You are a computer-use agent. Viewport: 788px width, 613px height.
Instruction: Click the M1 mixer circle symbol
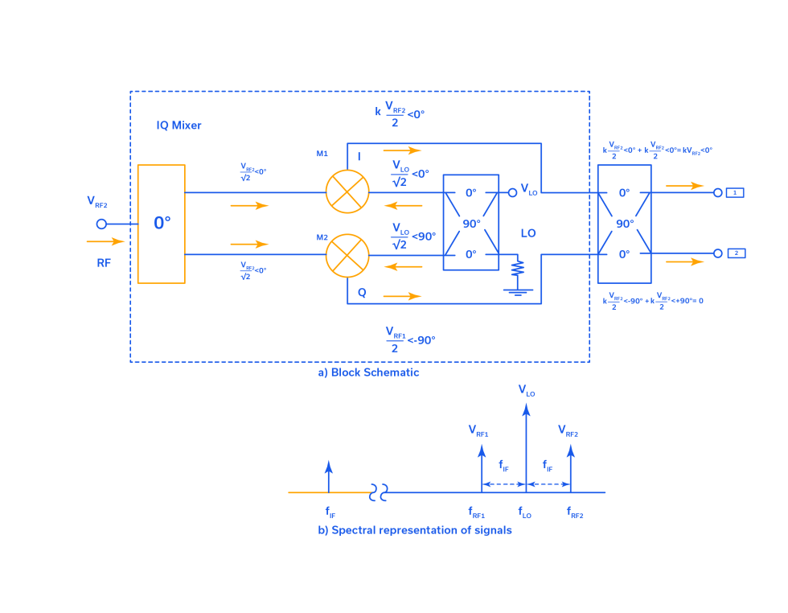click(x=347, y=192)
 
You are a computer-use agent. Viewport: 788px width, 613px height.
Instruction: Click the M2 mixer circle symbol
click(x=347, y=255)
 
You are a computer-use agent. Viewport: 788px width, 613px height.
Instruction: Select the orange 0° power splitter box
click(x=161, y=224)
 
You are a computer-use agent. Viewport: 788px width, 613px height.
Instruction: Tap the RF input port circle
click(x=101, y=224)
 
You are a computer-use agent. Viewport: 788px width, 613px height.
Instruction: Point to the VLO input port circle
click(x=512, y=192)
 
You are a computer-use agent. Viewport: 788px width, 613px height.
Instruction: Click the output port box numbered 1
click(x=735, y=192)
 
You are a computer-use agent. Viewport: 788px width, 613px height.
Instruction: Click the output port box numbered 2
click(x=736, y=253)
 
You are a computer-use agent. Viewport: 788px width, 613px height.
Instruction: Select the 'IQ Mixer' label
click(x=179, y=125)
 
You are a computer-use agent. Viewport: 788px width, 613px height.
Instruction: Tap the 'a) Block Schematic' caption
click(x=368, y=372)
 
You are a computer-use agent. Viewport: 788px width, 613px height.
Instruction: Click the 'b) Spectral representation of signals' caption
click(x=415, y=530)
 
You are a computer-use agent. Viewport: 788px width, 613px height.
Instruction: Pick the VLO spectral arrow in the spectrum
click(x=526, y=446)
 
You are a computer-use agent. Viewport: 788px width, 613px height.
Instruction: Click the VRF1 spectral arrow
click(x=482, y=467)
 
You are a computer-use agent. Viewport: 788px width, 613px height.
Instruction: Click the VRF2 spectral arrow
click(x=570, y=467)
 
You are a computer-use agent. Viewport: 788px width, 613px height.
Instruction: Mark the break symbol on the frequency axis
click(x=379, y=492)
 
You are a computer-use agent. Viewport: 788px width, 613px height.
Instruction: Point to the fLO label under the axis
click(x=524, y=512)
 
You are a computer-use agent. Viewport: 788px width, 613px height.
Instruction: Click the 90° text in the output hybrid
click(x=624, y=224)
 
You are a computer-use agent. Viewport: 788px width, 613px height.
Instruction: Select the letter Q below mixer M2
click(x=362, y=294)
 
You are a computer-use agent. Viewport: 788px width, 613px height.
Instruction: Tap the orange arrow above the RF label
click(x=106, y=241)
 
